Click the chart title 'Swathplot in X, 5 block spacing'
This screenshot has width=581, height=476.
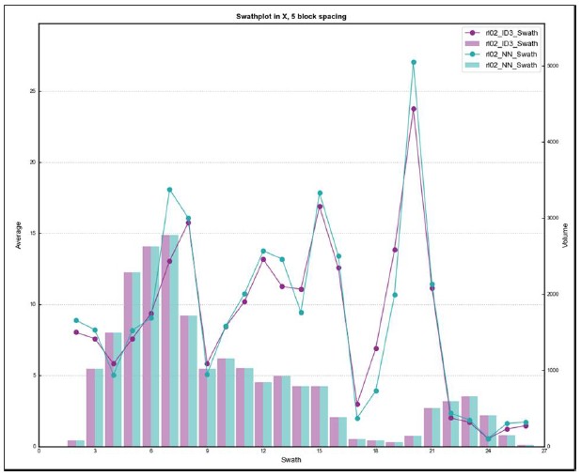[x=291, y=18]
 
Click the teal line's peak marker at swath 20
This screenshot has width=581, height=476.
[x=414, y=62]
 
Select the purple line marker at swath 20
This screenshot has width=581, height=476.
[x=414, y=109]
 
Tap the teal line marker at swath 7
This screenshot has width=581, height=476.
[x=170, y=190]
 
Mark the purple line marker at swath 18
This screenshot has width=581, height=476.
[x=376, y=348]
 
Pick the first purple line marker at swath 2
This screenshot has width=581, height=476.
[x=76, y=331]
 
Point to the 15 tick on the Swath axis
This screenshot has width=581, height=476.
[x=320, y=451]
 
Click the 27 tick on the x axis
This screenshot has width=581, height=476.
[x=544, y=451]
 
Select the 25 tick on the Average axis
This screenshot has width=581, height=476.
[x=34, y=91]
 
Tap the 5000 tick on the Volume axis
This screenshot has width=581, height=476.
[x=554, y=66]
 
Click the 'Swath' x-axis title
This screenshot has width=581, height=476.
[x=291, y=459]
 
